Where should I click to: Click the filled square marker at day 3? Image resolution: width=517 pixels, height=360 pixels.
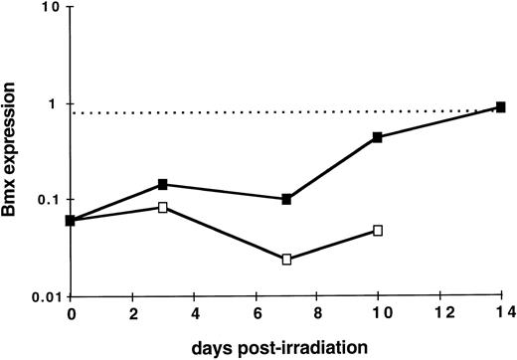pyautogui.click(x=162, y=184)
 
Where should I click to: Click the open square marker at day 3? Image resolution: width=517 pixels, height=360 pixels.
pyautogui.click(x=162, y=207)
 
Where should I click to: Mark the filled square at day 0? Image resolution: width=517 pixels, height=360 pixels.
pyautogui.click(x=70, y=220)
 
